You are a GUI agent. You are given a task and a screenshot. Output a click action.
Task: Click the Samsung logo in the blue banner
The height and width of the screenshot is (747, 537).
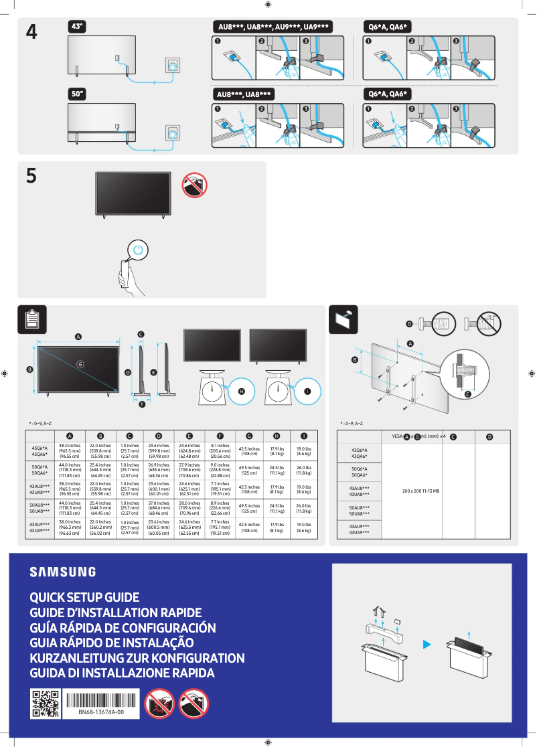point(62,572)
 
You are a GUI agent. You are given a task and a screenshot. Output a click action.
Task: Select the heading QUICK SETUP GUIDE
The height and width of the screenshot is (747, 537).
point(84,597)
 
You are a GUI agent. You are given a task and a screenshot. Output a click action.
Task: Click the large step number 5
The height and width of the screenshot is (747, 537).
point(31,177)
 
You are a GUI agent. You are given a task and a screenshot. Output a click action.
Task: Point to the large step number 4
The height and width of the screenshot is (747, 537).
point(31,32)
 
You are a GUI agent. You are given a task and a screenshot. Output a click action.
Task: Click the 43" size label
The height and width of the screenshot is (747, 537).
point(78,26)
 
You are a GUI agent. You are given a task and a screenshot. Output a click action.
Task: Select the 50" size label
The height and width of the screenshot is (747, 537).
point(78,95)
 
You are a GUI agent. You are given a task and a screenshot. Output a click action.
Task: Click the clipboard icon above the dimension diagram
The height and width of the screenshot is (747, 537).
point(31,319)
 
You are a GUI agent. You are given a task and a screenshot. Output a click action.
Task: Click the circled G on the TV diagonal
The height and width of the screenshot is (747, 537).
point(79,364)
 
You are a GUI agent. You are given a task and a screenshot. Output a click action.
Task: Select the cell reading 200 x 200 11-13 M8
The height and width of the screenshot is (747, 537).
point(420,491)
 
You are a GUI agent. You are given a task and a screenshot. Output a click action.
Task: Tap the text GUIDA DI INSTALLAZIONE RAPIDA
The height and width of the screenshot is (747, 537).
point(122,673)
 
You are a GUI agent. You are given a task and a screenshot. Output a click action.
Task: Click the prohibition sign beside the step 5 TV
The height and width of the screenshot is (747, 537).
point(194,185)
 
